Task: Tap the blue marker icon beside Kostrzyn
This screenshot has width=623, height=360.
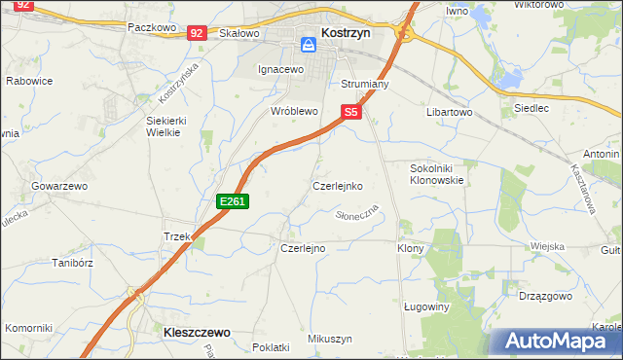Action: pyautogui.click(x=309, y=44)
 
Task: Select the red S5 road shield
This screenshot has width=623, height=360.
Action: pyautogui.click(x=351, y=114)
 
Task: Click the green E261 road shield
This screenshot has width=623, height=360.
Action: pyautogui.click(x=234, y=201)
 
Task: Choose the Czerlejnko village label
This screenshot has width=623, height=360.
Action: pyautogui.click(x=337, y=185)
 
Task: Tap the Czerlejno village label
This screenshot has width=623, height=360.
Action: pyautogui.click(x=303, y=248)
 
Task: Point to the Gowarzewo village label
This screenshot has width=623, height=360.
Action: pyautogui.click(x=59, y=185)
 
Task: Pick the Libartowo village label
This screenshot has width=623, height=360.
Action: pyautogui.click(x=449, y=113)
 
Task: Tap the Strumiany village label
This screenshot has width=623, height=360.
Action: pyautogui.click(x=364, y=85)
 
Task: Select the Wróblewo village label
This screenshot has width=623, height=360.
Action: pyautogui.click(x=295, y=112)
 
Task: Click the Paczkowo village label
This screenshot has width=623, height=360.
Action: pyautogui.click(x=151, y=28)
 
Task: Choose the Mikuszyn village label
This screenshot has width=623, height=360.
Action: pyautogui.click(x=329, y=339)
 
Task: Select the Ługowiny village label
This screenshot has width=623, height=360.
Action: pyautogui.click(x=426, y=306)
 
